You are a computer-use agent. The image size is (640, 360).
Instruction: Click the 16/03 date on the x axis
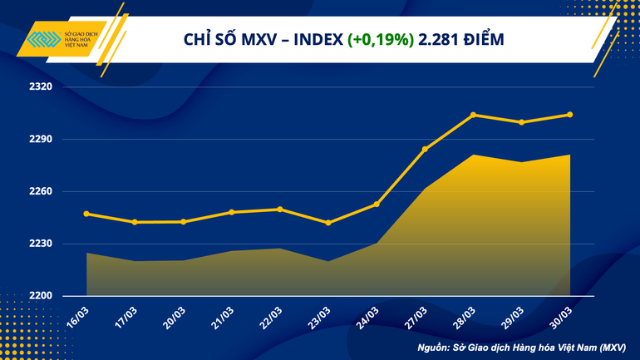pyautogui.click(x=79, y=316)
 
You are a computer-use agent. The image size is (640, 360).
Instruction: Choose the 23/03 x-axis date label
pyautogui.click(x=320, y=316)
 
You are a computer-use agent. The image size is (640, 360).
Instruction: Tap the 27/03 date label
pyautogui.click(x=416, y=316)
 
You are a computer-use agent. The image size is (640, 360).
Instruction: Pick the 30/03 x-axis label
pyautogui.click(x=561, y=316)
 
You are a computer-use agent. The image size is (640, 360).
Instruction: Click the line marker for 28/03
pyautogui.click(x=473, y=115)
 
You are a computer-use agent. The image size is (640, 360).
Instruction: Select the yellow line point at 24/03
pyautogui.click(x=377, y=204)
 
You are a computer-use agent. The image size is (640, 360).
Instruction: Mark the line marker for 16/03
pyautogui.click(x=87, y=214)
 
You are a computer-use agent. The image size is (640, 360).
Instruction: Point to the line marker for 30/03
pyautogui.click(x=569, y=115)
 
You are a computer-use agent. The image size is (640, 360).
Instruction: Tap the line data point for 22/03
pyautogui.click(x=280, y=209)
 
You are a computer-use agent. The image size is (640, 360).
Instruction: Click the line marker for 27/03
pyautogui.click(x=425, y=150)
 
